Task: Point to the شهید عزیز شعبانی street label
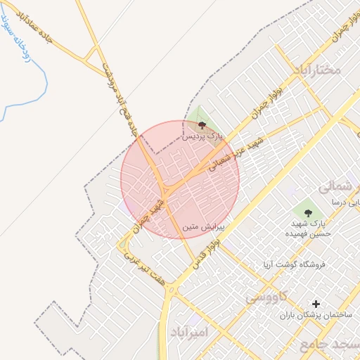pyautogui.click(x=236, y=154)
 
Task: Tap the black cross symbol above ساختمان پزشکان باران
pyautogui.click(x=316, y=304)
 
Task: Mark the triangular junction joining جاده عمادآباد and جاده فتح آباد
pyautogui.click(x=91, y=53)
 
